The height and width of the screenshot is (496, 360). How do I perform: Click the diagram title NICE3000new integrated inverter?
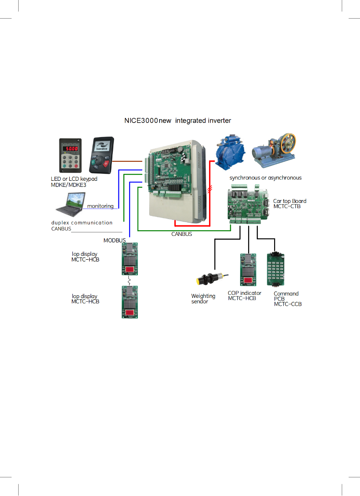click(x=178, y=121)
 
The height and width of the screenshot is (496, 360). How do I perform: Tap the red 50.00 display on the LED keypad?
click(x=69, y=148)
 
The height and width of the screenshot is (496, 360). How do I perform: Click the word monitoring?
click(x=100, y=206)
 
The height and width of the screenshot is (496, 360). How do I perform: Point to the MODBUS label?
click(x=115, y=240)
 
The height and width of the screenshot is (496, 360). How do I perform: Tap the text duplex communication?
click(x=82, y=223)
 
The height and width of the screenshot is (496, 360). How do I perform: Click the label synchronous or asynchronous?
click(x=265, y=178)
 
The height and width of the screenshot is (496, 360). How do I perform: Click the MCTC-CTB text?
click(x=287, y=206)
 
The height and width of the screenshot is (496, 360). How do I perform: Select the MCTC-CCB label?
click(x=288, y=304)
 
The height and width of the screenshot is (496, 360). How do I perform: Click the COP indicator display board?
click(x=249, y=270)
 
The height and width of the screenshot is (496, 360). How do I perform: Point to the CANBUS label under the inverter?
click(x=181, y=234)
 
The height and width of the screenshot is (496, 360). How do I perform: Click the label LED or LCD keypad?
click(x=74, y=179)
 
